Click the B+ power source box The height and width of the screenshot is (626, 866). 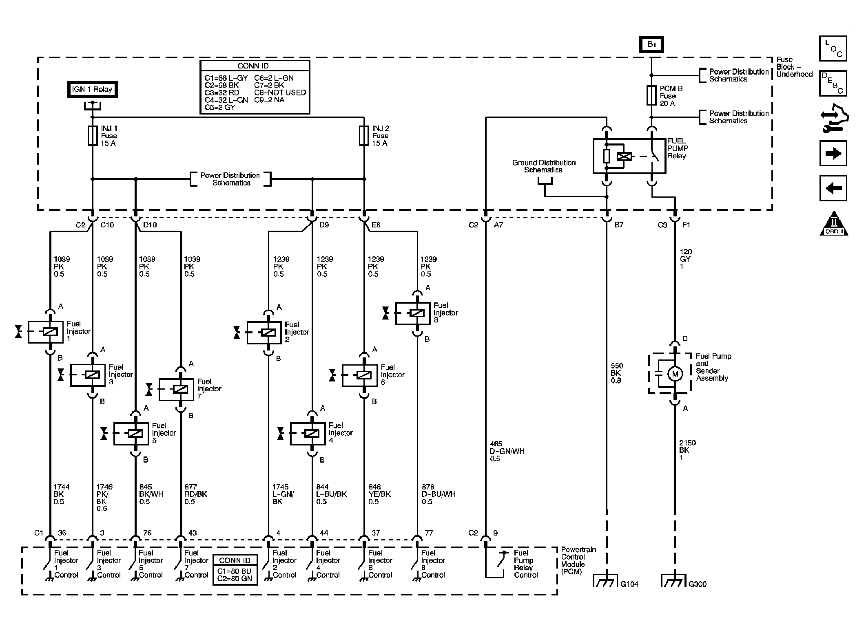pos(651,44)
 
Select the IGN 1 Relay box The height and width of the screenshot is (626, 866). pos(92,90)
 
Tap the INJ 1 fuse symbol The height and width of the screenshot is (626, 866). pos(93,135)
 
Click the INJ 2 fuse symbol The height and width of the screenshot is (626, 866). pos(364,135)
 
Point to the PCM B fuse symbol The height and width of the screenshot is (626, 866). pos(651,95)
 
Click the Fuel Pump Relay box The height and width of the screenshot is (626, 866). pos(629,156)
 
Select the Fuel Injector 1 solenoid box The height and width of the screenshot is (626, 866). pos(46,332)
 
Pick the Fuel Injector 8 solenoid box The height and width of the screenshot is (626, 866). pos(413,313)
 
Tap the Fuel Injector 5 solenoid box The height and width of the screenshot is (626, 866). pos(131,433)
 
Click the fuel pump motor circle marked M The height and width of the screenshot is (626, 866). pos(675,374)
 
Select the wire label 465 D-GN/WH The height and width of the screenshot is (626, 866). pos(507,451)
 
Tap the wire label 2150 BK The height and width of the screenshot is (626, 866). pos(687,450)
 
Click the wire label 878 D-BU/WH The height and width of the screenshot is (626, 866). pos(439,494)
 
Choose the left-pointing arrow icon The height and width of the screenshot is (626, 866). pos(833,188)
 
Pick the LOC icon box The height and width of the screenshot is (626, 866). pos(833,48)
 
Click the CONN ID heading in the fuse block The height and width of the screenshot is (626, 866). pos(253,66)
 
